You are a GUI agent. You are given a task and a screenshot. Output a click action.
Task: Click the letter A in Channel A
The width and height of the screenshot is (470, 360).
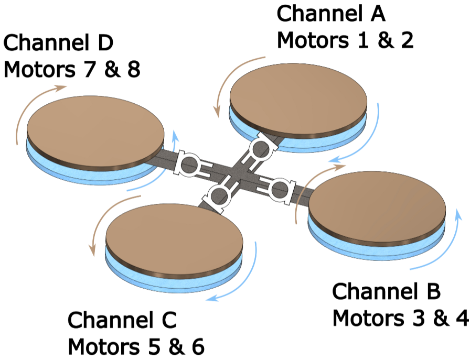378,14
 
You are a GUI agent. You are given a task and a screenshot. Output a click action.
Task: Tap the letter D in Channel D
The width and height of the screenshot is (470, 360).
104,42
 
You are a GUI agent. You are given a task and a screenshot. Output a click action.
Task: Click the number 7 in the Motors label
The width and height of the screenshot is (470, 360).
91,70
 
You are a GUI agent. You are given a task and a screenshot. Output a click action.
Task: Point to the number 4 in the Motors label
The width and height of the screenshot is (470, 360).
463,318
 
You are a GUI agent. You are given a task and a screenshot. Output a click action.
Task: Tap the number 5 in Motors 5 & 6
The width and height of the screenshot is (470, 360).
156,347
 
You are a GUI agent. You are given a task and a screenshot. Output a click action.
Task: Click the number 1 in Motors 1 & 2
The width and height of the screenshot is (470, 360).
363,40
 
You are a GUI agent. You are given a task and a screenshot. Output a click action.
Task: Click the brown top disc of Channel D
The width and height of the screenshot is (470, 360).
95,134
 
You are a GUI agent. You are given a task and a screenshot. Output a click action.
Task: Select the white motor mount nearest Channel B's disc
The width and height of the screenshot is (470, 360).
277,189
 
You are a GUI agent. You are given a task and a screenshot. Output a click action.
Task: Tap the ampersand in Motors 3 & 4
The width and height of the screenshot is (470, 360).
440,318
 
